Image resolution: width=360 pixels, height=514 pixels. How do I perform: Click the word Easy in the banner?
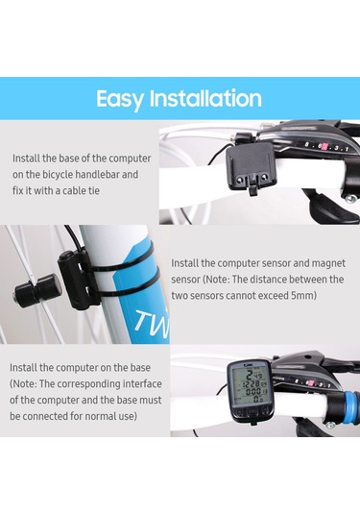click(120, 99)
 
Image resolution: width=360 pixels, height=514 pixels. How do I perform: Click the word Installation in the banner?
click(205, 98)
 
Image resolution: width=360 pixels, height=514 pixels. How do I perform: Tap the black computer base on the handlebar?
click(249, 168)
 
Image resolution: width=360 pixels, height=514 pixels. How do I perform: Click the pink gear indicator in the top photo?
click(324, 147)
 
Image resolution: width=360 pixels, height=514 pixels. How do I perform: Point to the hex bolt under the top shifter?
click(349, 198)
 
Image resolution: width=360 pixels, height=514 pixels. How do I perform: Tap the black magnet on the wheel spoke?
click(37, 286)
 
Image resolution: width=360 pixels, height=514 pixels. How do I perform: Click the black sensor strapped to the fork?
click(74, 280)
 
